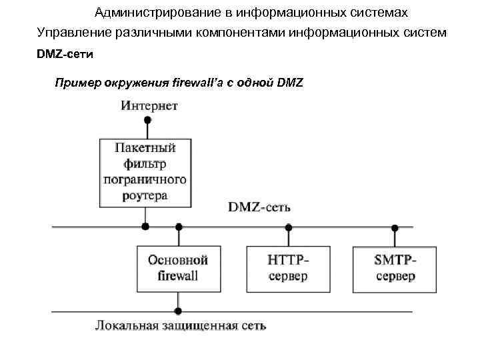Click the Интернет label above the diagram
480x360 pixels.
149,105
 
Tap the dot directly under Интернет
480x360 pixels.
148,121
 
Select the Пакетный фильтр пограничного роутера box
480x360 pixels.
145,171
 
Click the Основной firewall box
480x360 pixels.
178,269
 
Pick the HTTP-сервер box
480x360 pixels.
289,269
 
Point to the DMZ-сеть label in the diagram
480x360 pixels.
259,207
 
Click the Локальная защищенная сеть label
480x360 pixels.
180,326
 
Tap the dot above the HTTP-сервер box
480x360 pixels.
289,227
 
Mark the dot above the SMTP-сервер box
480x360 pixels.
395,227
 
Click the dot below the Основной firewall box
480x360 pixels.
178,311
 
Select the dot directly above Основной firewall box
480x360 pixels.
178,227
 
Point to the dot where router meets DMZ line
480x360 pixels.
145,227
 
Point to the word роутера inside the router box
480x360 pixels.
145,196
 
